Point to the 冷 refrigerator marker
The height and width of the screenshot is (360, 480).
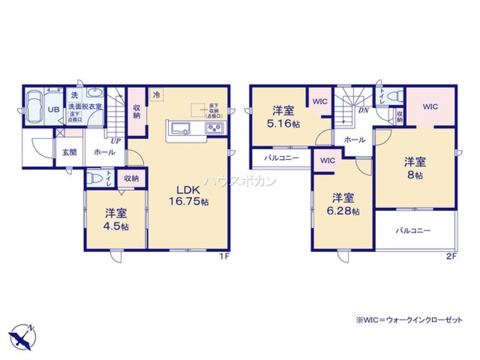156,95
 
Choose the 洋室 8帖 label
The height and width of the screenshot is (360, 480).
416,168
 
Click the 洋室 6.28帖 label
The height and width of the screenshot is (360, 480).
343,204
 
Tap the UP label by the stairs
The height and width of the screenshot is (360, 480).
115,142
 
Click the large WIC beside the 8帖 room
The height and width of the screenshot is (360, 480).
430,107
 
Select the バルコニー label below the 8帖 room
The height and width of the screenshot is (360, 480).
413,230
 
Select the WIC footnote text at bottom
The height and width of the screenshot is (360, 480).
408,320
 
